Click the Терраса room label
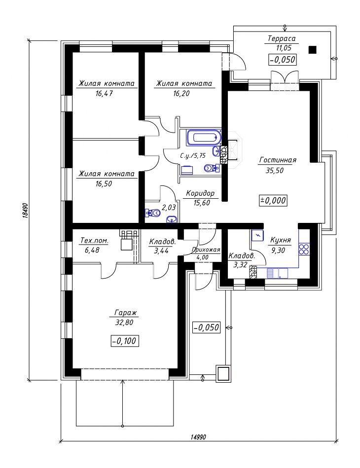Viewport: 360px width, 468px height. (282, 38)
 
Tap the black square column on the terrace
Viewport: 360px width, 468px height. (312, 49)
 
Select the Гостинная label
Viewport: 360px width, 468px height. (278, 160)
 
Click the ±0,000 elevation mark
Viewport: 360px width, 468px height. (273, 201)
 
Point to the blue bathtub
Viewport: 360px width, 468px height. (204, 138)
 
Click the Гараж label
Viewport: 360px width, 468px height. (126, 313)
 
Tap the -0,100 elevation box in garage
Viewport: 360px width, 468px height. (125, 341)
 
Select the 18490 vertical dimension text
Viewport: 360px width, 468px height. (25, 211)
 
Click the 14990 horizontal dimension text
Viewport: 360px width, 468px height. (198, 437)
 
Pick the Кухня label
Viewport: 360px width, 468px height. (280, 240)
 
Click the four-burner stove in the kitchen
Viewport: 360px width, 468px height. (304, 249)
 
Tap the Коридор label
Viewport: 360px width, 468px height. (200, 193)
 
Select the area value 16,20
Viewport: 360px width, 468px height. (181, 93)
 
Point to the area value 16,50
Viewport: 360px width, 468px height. (104, 183)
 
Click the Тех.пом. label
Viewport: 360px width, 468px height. (94, 240)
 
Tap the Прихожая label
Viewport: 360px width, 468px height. (206, 250)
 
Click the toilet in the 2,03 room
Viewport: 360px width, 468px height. (153, 213)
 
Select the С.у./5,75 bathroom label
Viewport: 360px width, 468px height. (193, 155)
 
